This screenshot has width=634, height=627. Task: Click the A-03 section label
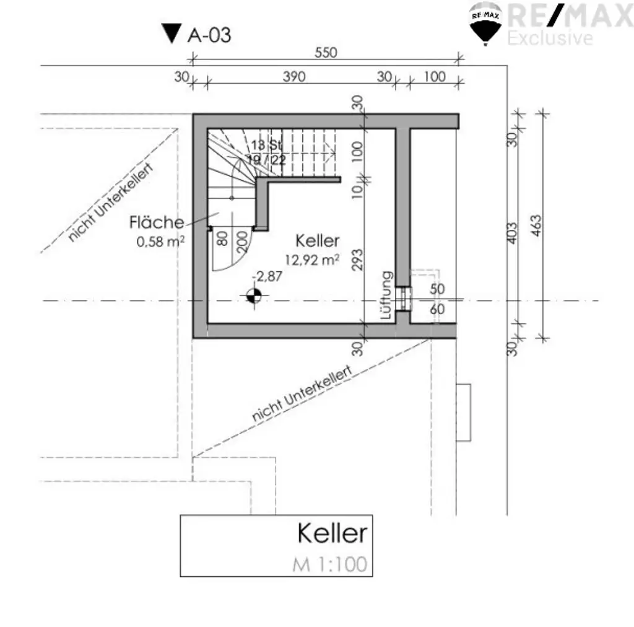(209, 35)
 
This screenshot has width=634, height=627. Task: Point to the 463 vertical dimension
(536, 229)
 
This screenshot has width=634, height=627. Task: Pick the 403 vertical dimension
(512, 234)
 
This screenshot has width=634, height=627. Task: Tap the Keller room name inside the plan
(318, 240)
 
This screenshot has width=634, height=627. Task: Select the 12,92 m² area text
(311, 260)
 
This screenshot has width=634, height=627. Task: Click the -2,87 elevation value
(267, 276)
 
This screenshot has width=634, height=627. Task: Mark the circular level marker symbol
(253, 296)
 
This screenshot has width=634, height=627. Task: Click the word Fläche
(156, 222)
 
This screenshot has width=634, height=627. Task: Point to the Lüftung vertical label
(387, 296)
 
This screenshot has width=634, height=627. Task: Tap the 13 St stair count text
(267, 144)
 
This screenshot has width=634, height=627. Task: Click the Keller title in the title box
(332, 533)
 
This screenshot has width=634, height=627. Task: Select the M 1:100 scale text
(329, 564)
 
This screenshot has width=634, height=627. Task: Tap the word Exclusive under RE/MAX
(550, 38)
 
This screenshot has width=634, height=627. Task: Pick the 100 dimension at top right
(435, 77)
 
